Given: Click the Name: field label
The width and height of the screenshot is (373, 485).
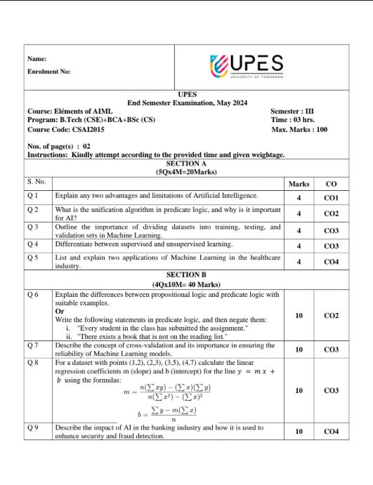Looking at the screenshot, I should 37,58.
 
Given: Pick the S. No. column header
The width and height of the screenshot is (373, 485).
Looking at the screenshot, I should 37,182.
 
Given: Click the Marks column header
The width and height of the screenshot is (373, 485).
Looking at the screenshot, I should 299,184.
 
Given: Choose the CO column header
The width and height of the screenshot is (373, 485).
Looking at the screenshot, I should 331,184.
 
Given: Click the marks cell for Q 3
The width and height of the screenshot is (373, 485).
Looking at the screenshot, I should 299,230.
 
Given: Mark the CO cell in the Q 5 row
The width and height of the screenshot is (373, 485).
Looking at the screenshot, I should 331,262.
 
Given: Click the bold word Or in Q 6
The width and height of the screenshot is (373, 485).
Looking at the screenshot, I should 60,311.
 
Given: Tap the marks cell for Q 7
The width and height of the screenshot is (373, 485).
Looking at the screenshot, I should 299,349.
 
